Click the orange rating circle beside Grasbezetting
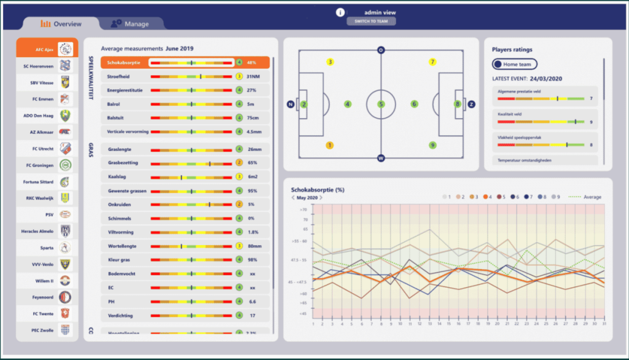239,163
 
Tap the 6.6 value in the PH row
252,302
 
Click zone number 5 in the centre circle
381,104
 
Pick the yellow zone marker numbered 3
330,62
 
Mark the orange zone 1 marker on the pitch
330,146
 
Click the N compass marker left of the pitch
290,104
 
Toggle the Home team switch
515,64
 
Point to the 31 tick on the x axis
604,324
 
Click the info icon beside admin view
340,12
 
